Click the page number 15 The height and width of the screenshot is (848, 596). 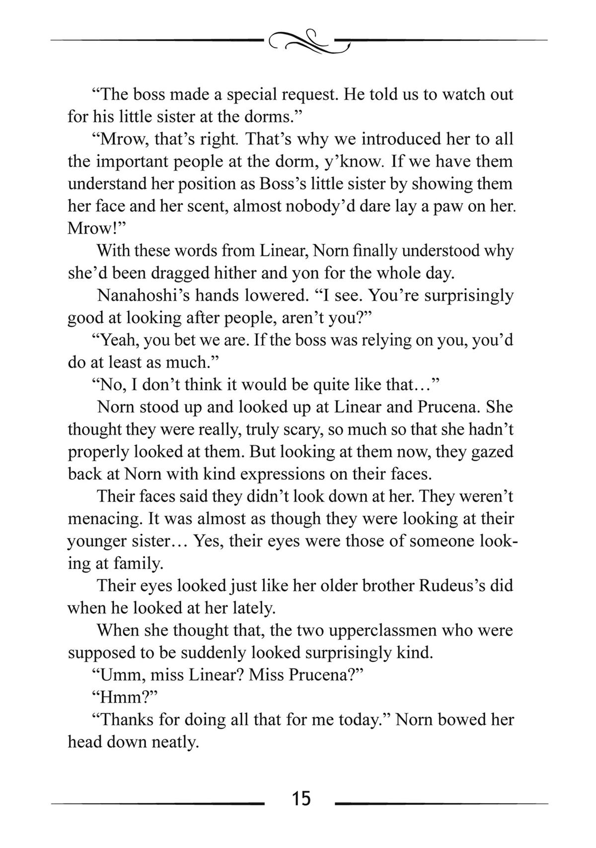click(301, 799)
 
